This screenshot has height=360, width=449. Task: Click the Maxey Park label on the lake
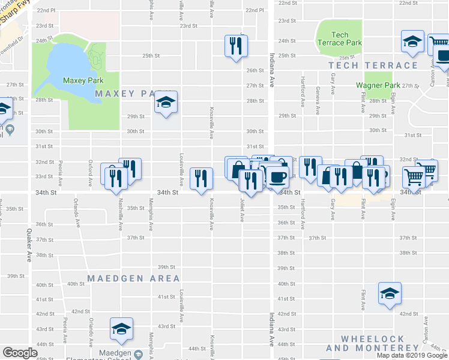click(83, 80)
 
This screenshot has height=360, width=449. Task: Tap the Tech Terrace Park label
click(339, 39)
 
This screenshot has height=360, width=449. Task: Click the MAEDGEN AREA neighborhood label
click(133, 278)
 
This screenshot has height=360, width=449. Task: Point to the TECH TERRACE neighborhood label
click(373, 65)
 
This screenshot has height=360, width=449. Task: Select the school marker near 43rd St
click(121, 329)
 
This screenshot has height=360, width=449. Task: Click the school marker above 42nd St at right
click(390, 294)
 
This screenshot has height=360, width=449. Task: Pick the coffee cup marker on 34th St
click(277, 177)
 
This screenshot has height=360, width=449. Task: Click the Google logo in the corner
click(20, 353)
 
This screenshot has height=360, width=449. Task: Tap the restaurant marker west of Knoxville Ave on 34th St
click(200, 178)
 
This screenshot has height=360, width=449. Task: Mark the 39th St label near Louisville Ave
click(166, 267)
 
